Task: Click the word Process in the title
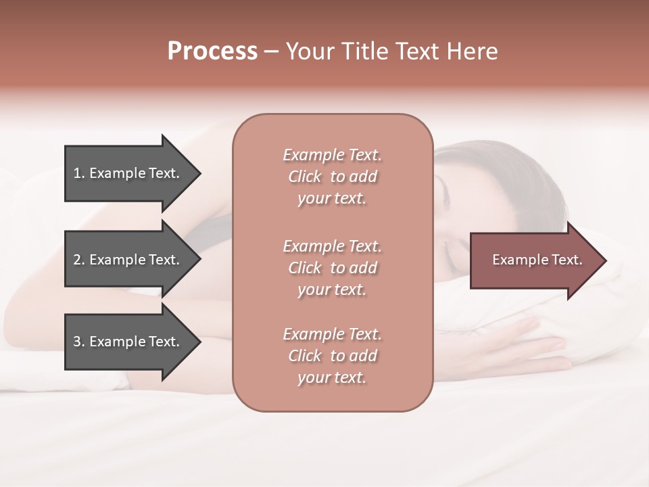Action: click(x=212, y=51)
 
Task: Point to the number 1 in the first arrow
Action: click(x=77, y=173)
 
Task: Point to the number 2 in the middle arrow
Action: click(x=77, y=260)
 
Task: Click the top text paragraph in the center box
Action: click(x=332, y=177)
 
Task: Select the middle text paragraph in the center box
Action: click(x=332, y=268)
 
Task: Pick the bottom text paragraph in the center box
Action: click(x=332, y=356)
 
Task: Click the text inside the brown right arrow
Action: click(x=537, y=260)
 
